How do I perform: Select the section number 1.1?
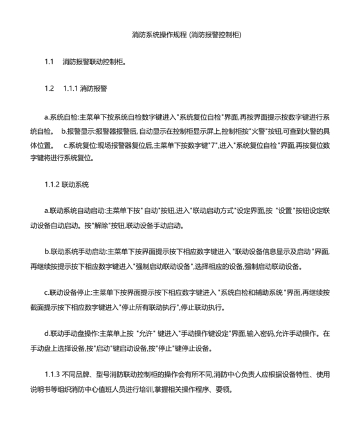(x=49, y=62)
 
